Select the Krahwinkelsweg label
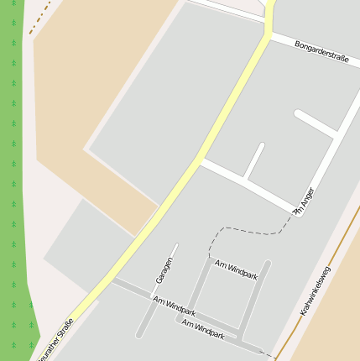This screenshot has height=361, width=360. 316,290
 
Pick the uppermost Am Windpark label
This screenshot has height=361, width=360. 236,269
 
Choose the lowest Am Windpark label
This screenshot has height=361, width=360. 203,328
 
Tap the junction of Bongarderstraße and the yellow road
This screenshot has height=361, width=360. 269,34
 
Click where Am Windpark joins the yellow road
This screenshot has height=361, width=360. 115,281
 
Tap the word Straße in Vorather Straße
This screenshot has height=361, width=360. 64,328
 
